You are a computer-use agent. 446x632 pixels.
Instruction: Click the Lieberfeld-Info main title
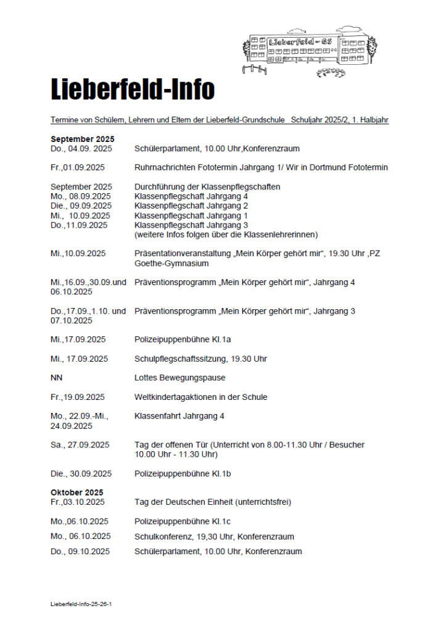[x=132, y=90]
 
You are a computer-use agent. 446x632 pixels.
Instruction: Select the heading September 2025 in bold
[x=83, y=139]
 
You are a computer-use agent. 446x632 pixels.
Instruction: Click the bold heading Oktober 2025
[x=77, y=493]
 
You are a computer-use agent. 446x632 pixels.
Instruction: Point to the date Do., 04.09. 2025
[x=81, y=149]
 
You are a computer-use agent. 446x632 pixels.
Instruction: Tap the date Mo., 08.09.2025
[x=80, y=196]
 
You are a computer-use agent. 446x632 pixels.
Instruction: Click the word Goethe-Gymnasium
[x=171, y=264]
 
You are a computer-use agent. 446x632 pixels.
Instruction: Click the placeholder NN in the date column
[x=57, y=378]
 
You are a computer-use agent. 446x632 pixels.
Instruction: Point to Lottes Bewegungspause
[x=180, y=378]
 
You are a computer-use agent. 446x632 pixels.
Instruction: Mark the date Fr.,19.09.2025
[x=78, y=397]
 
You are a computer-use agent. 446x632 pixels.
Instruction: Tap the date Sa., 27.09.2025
[x=80, y=445]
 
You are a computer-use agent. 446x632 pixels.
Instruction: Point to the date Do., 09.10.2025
[x=80, y=552]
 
